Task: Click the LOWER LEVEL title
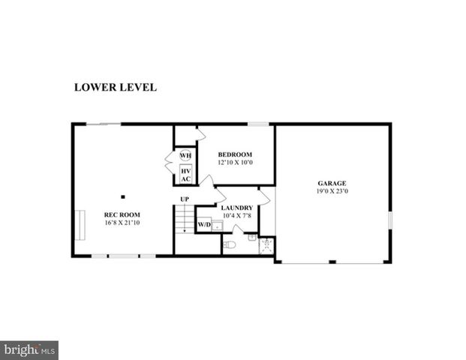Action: coord(115,87)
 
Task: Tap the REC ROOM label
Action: coord(122,214)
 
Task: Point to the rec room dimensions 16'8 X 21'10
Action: coord(122,223)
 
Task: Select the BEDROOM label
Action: coord(235,154)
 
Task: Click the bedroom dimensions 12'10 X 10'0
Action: coord(235,162)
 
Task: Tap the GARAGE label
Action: coord(332,183)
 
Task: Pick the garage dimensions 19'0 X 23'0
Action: coord(332,191)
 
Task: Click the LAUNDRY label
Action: coord(236,208)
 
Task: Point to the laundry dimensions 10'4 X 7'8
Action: coord(236,216)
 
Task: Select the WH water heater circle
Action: coord(185,156)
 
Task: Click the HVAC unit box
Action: coord(185,175)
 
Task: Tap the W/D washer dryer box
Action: coord(204,224)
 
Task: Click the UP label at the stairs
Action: coord(184,199)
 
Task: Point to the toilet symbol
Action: coord(230,244)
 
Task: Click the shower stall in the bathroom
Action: coord(266,246)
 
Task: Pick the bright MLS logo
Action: coord(29,350)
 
